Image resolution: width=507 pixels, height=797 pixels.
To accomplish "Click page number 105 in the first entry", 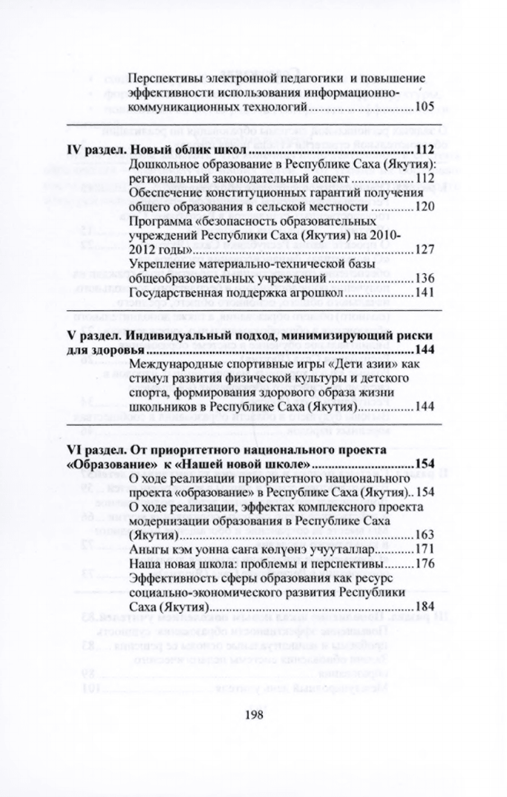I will point(424,108).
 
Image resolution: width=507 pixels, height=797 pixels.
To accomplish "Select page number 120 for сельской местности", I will point(424,206).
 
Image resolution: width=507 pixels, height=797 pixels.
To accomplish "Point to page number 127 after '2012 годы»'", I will point(424,249).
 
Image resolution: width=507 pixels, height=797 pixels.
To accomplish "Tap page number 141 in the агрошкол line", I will point(424,292).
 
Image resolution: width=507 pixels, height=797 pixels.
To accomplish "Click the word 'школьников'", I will point(160,408).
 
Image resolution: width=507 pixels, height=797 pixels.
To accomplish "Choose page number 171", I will point(424,549).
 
